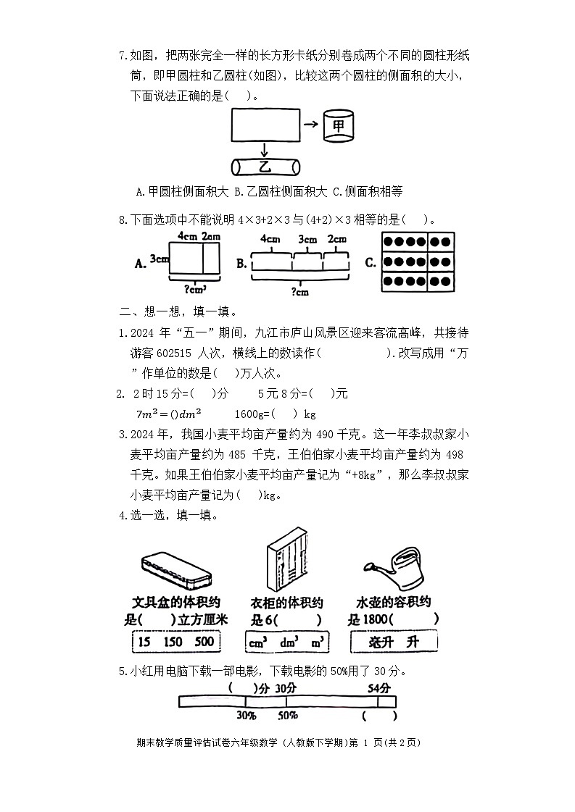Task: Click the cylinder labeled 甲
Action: pos(338,126)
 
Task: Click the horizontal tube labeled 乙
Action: pos(265,167)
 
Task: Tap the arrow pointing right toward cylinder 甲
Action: pos(311,125)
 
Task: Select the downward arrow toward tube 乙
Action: pos(265,149)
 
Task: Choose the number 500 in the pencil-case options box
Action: pos(204,642)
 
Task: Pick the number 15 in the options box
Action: pos(144,642)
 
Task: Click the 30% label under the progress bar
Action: pos(246,715)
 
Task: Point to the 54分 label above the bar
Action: pos(379,687)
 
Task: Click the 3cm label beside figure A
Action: pos(160,259)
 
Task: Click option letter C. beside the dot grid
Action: pos(371,262)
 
